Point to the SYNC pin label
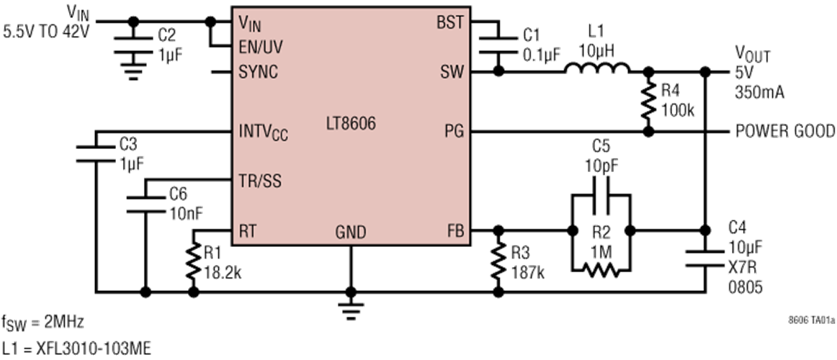(x=258, y=73)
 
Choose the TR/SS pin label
(x=260, y=181)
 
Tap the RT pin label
(x=246, y=232)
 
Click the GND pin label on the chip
(x=350, y=233)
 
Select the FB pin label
(x=455, y=232)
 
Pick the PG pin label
(x=454, y=131)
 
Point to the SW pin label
(x=452, y=73)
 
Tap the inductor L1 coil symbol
(x=596, y=68)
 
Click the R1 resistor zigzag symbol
(x=193, y=261)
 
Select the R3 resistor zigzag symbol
(x=497, y=261)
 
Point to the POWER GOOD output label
(x=785, y=131)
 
